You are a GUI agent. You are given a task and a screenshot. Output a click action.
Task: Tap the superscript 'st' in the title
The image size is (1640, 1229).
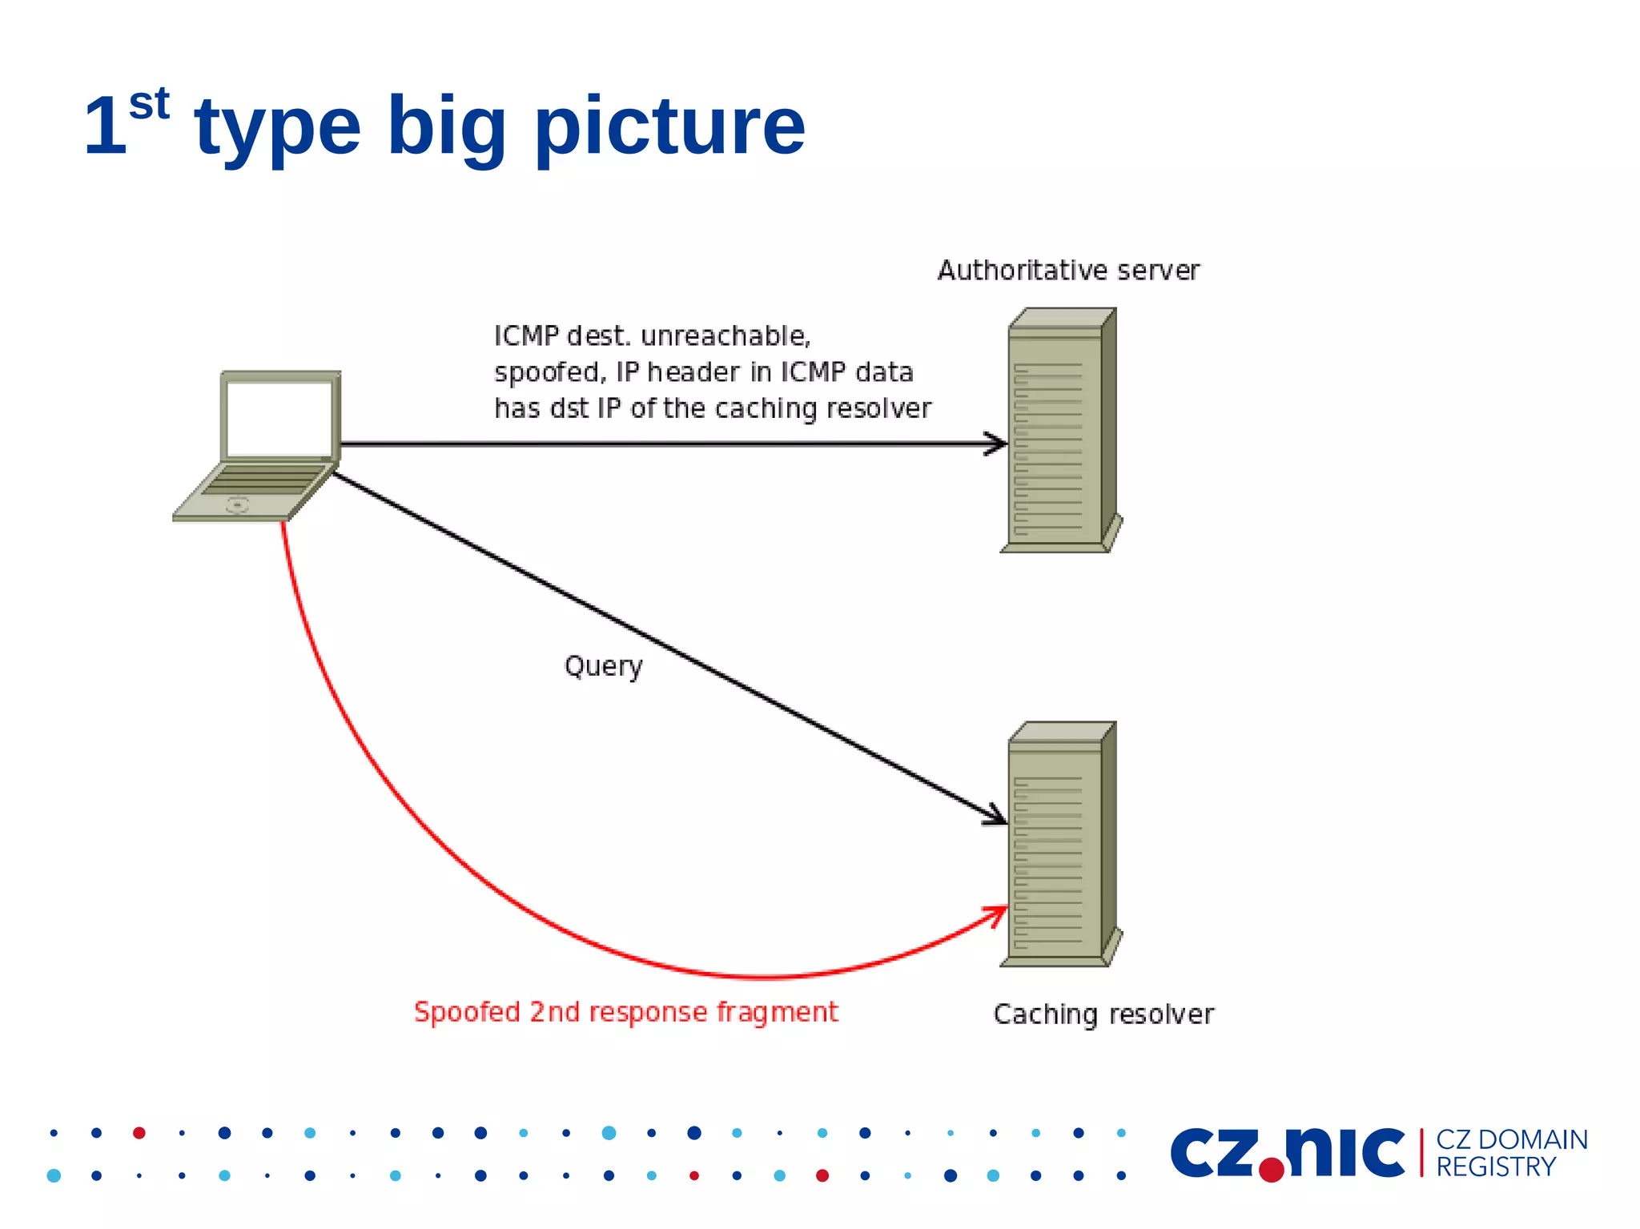tap(149, 104)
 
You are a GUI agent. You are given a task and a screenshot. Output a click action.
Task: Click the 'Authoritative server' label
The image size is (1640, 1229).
tap(1067, 271)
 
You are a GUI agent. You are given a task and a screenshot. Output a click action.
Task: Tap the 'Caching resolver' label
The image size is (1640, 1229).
tap(1103, 1014)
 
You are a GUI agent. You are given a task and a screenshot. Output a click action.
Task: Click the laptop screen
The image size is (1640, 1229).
tap(279, 418)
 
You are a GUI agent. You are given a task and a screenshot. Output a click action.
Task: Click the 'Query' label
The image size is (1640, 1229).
tap(603, 666)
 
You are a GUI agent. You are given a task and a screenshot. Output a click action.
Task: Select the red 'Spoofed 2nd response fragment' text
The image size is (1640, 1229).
tap(625, 1012)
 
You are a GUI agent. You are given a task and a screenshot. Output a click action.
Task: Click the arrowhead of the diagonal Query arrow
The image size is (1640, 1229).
tap(998, 817)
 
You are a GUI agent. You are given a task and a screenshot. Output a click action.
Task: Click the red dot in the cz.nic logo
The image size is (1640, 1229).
tap(1271, 1170)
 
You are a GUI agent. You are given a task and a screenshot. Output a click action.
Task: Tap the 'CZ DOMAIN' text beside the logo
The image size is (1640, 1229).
tap(1511, 1139)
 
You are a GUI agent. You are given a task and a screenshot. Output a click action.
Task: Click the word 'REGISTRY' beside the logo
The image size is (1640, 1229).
tap(1495, 1167)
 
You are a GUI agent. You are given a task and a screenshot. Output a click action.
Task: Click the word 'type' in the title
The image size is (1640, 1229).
tap(278, 128)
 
